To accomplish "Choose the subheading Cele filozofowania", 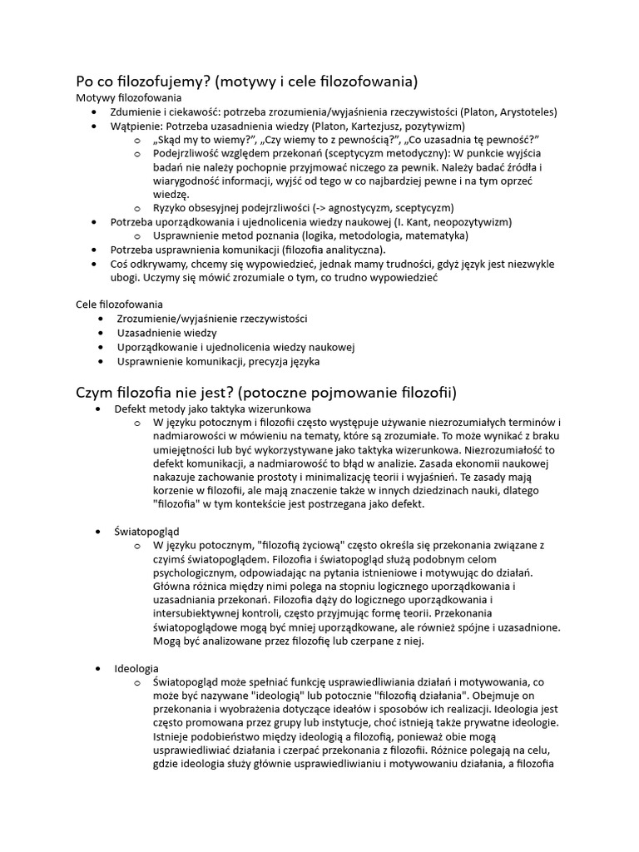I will tap(120, 305).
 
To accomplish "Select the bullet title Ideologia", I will tap(136, 668).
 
